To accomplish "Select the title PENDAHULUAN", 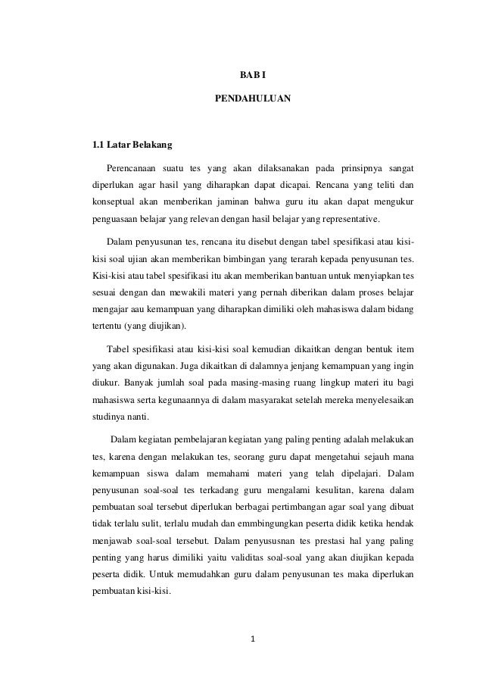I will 241,98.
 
